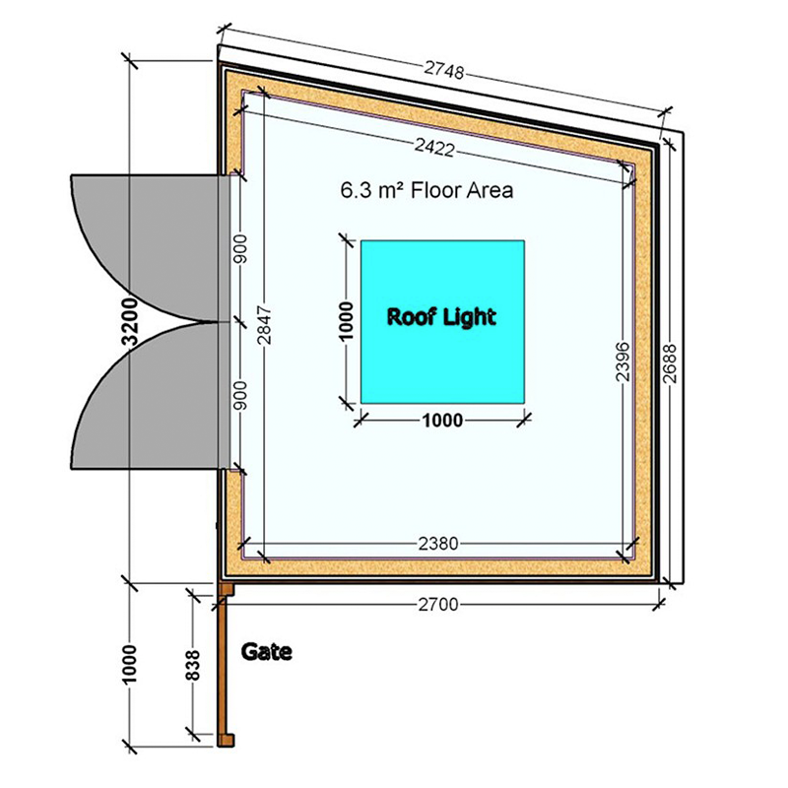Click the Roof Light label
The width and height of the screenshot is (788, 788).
tap(440, 318)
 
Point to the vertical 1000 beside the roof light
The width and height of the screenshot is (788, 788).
tap(346, 321)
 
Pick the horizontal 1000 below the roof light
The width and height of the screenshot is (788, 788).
tap(442, 421)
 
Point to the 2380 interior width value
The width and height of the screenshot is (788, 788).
tap(435, 543)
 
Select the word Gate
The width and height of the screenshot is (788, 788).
tap(267, 652)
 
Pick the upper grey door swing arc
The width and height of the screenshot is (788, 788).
tap(148, 241)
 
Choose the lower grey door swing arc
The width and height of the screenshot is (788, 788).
tap(148, 404)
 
